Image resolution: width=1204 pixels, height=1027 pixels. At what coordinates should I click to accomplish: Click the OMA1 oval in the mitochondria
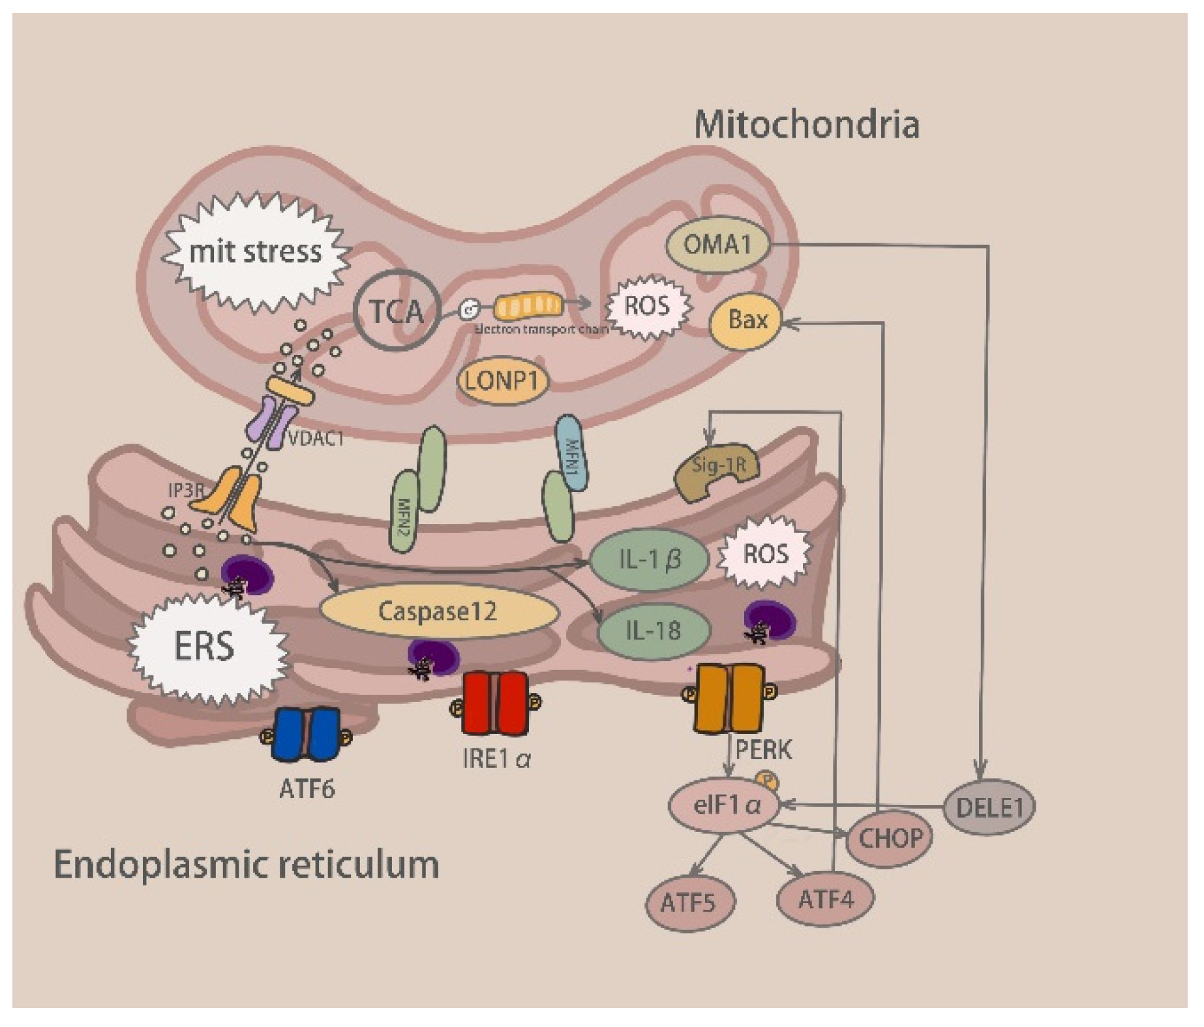717,245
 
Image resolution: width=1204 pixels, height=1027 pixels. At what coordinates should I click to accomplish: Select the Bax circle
746,320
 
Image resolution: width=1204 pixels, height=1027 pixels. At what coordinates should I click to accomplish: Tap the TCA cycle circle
397,311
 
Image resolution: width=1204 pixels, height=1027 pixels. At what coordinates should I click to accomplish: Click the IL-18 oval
653,630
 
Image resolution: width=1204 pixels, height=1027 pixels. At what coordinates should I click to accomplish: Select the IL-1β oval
649,559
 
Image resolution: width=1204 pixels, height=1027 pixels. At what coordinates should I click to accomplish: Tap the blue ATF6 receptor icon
307,734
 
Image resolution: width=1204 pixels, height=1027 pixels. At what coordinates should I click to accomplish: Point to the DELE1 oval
989,807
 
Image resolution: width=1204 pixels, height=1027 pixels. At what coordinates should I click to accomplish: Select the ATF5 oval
689,903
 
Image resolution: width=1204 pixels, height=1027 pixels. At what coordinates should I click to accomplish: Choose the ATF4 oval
826,900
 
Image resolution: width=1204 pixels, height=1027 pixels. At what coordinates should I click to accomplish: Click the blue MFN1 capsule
571,452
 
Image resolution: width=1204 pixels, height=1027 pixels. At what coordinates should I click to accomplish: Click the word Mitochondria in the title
806,124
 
